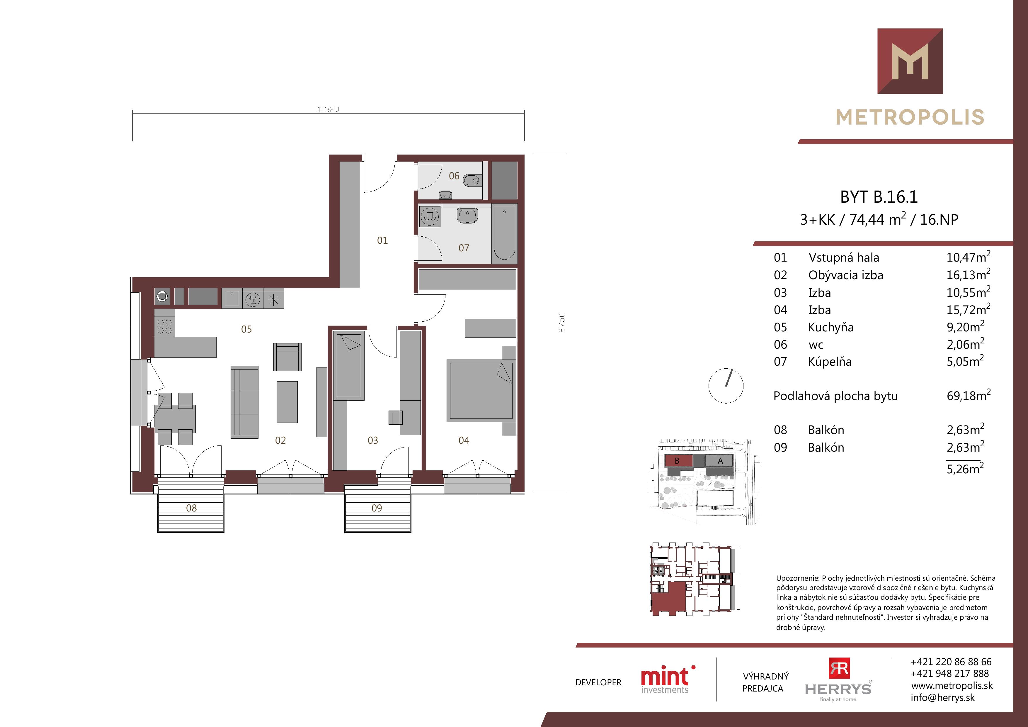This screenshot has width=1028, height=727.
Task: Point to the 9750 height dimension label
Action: point(562,323)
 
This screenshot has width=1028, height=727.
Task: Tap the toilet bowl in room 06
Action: point(471,181)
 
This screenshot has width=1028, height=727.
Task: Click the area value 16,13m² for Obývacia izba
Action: point(968,274)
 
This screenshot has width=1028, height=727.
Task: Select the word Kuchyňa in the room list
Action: point(830,328)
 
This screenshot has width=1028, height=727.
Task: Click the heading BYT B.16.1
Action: point(879,197)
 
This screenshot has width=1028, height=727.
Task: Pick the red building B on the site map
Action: point(678,460)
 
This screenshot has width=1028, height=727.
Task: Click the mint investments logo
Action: point(667,679)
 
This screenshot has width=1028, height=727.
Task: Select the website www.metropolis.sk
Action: point(952,686)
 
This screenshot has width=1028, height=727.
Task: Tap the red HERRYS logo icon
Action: point(839,668)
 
